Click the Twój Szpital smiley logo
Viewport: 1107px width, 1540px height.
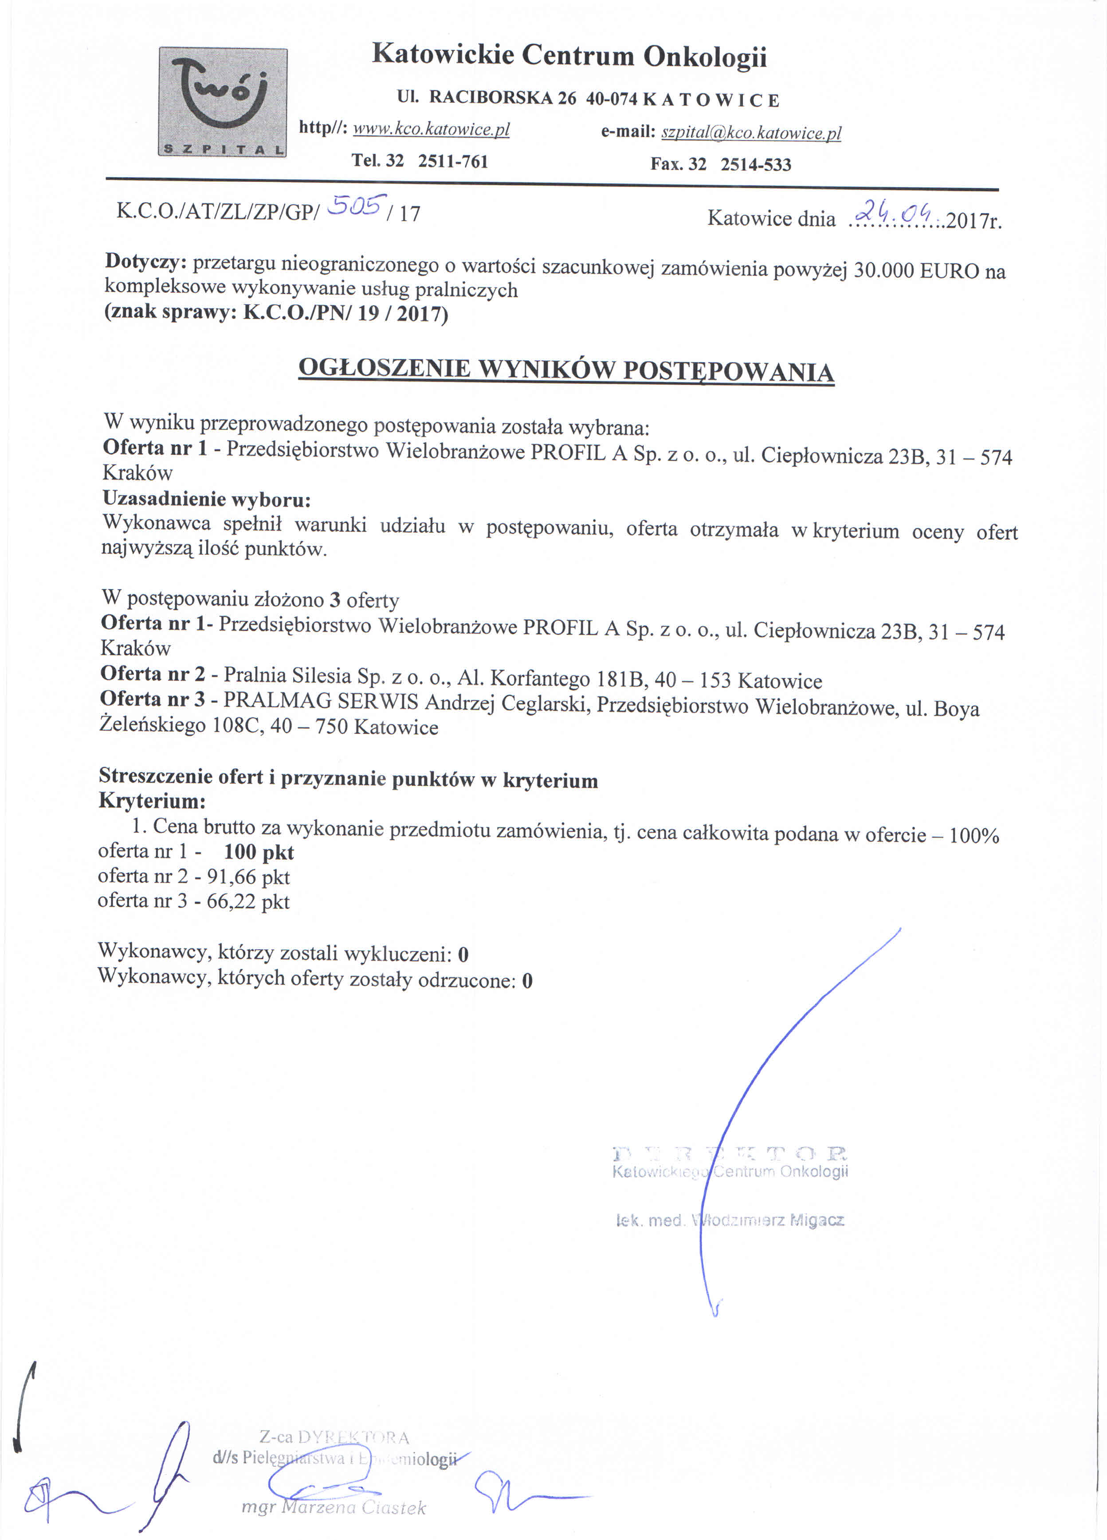(x=222, y=102)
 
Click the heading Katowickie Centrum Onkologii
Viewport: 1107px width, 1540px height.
(x=569, y=56)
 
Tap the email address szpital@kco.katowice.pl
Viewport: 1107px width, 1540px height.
(x=751, y=133)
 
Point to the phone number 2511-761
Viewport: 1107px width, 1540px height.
(x=453, y=161)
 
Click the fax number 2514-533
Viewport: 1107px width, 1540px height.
(x=756, y=165)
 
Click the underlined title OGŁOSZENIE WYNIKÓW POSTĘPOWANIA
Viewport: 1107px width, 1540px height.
(x=566, y=370)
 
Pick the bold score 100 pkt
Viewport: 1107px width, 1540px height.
(x=259, y=852)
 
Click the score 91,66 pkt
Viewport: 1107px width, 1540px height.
(x=248, y=877)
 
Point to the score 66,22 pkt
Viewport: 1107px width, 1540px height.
(x=248, y=902)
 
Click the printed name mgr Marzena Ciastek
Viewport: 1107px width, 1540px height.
(x=334, y=1507)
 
